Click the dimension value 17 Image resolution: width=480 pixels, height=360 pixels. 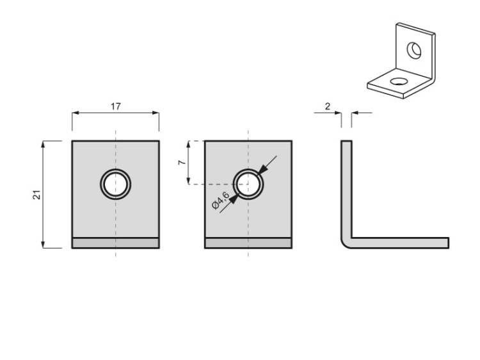pos(116,106)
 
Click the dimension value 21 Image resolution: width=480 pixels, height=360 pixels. pos(36,195)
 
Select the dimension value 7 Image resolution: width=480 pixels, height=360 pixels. pos(182,162)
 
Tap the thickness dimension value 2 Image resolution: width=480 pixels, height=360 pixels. pos(328,106)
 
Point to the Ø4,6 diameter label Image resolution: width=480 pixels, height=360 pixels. pos(220,200)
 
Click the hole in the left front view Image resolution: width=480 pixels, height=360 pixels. pos(116,184)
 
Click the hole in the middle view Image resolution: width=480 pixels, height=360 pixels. pos(248,184)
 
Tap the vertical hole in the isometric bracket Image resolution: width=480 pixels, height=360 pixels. pos(414,51)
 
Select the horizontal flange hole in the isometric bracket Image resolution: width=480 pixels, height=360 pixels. pos(399,81)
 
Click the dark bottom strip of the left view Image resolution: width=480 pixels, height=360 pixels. pos(116,243)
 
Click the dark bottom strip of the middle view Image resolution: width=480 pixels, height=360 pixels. pos(248,243)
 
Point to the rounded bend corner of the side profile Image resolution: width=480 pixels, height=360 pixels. pos(346,243)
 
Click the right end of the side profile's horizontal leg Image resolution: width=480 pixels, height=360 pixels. pos(449,243)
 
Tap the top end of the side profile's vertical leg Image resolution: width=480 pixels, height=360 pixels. pos(346,141)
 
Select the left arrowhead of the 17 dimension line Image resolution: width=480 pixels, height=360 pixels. pos(76,113)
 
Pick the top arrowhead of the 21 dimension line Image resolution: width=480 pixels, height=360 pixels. pos(43,144)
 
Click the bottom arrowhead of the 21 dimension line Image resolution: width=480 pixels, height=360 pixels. pos(43,245)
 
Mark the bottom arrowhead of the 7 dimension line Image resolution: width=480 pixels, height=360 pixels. pos(189,181)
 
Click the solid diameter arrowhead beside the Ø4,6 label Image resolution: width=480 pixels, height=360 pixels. pos(234,199)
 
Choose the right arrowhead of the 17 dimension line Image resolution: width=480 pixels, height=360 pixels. pos(156,113)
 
